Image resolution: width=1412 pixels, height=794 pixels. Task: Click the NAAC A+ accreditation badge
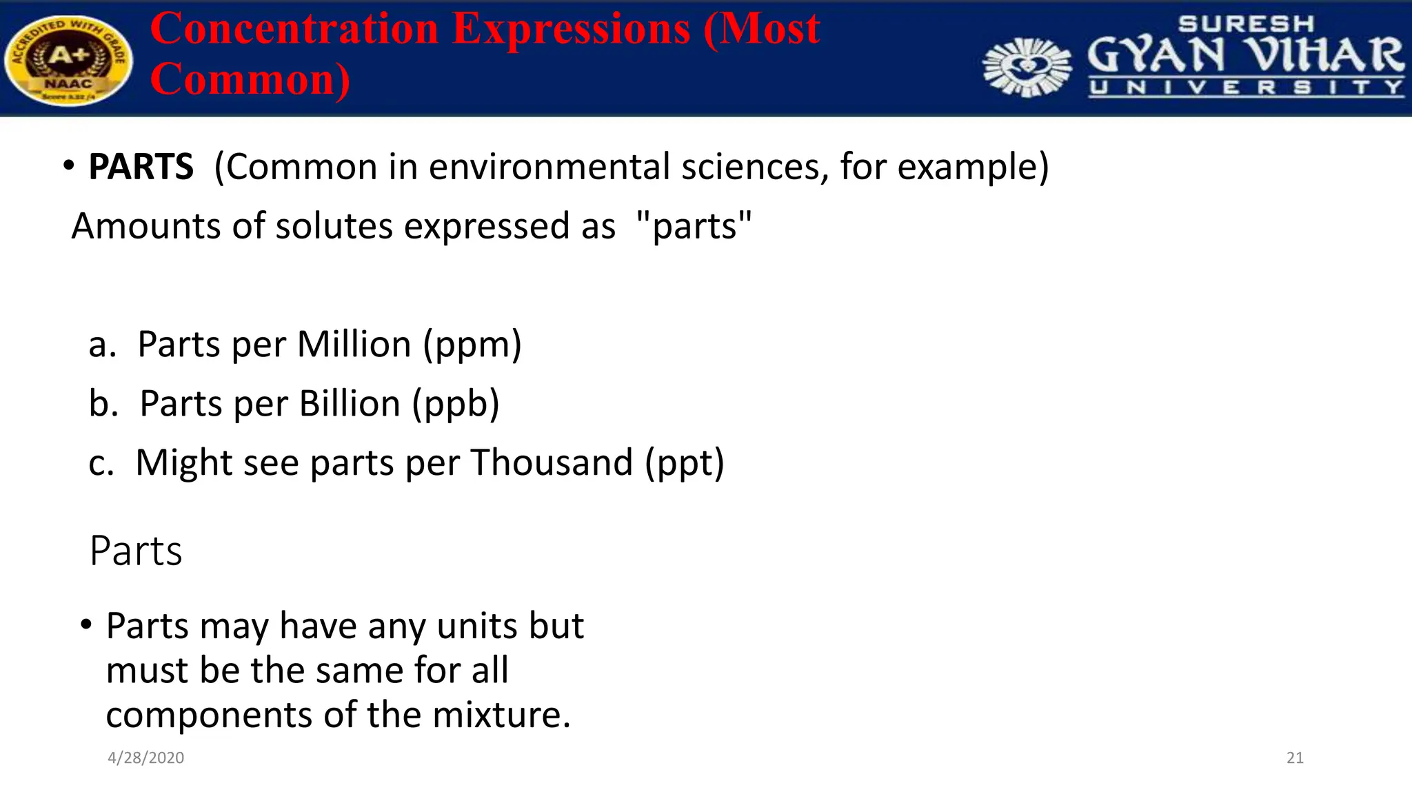pos(68,61)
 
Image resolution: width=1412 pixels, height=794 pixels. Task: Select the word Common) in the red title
pos(250,79)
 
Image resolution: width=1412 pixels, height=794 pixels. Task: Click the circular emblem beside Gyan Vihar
pos(1027,67)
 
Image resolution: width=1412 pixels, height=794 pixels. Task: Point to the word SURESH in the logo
pos(1246,24)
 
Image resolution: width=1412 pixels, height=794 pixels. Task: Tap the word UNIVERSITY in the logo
pos(1246,88)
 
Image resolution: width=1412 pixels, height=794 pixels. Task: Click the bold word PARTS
pos(141,167)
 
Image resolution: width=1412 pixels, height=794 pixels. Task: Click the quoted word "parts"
pos(694,226)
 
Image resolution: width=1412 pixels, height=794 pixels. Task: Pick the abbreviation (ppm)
pos(472,345)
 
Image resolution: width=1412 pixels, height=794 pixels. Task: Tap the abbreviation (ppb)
pos(456,404)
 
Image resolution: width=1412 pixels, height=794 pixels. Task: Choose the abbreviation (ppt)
pos(685,462)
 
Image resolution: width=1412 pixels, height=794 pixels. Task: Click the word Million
pos(354,345)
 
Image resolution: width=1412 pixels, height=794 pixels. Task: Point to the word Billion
pos(350,404)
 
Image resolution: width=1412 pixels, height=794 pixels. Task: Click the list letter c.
pos(101,463)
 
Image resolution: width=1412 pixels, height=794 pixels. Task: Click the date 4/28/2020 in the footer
pos(146,758)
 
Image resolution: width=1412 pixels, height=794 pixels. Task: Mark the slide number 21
pos(1295,758)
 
